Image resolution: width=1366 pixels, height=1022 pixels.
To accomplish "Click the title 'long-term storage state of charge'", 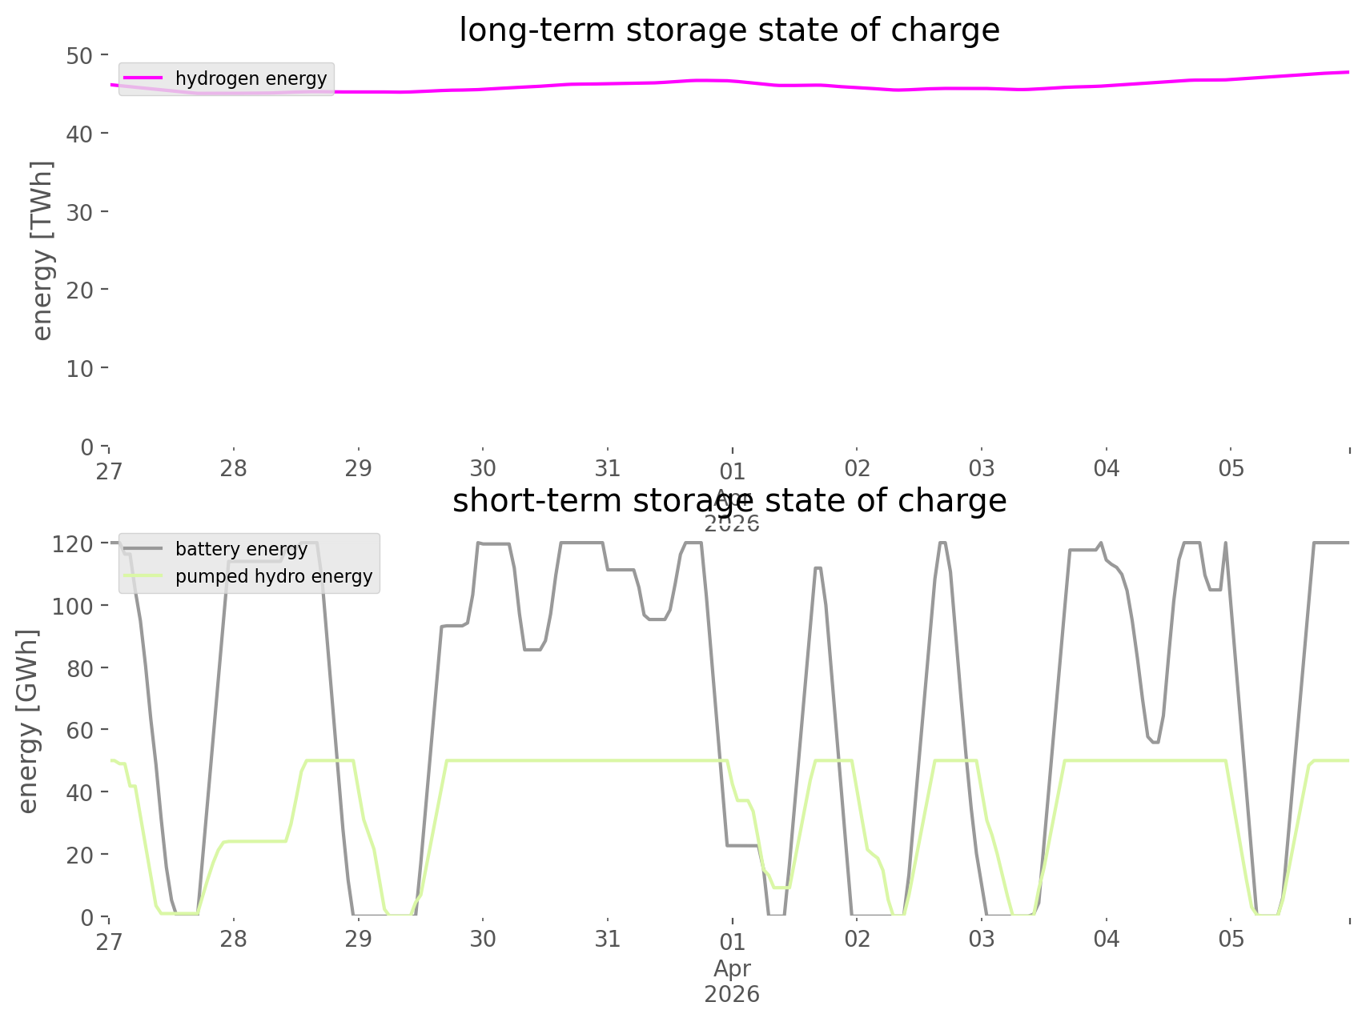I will (729, 30).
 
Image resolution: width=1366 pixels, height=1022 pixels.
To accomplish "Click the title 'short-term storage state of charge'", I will (729, 501).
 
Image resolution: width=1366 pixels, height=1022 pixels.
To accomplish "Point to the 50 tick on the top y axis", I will (81, 55).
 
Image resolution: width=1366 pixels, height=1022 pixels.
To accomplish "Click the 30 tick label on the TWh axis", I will (81, 212).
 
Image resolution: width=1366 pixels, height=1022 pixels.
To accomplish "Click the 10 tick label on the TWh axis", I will (81, 368).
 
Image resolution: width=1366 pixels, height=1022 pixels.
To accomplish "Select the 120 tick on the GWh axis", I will (74, 544).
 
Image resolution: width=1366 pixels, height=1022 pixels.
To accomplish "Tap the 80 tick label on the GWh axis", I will (79, 668).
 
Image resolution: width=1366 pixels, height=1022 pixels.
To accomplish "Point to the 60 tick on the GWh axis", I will (79, 730).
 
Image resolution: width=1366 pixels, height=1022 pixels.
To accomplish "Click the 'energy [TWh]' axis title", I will (42, 250).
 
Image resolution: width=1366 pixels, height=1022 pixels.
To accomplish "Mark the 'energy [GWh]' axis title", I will (28, 721).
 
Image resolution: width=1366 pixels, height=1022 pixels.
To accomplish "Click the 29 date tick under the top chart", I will (359, 468).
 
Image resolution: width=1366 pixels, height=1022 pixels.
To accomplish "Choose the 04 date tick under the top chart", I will (1107, 468).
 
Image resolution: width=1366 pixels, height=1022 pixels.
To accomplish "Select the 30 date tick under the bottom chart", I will (483, 939).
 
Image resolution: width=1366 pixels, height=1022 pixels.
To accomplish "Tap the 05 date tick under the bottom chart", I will (1231, 939).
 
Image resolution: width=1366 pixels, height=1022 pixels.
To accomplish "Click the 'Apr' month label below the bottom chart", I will (732, 968).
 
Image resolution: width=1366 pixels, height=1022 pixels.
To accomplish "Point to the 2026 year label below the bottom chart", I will (732, 995).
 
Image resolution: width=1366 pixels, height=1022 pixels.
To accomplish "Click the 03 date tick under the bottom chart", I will (982, 939).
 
